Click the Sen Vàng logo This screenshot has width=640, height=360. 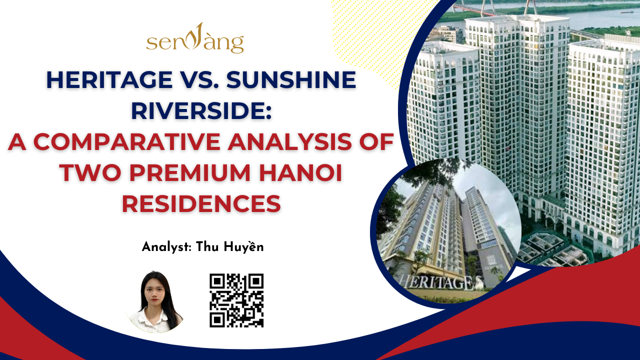tap(195, 38)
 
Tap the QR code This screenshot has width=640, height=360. tap(236, 300)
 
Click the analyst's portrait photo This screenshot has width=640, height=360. tap(156, 300)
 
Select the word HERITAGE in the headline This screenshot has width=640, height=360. tap(109, 79)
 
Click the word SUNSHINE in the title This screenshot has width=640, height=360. tap(291, 79)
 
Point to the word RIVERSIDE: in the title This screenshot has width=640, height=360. tap(201, 111)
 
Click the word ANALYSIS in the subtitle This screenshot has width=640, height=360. tap(289, 141)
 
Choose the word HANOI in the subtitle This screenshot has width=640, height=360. tap(301, 173)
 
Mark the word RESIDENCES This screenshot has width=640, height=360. tap(201, 203)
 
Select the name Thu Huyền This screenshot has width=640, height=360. tap(229, 247)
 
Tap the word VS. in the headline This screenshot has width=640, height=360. tap(199, 79)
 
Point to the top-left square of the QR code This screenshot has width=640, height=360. tap(217, 281)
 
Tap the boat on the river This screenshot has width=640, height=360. tap(626, 12)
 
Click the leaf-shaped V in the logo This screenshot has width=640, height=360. tap(196, 36)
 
